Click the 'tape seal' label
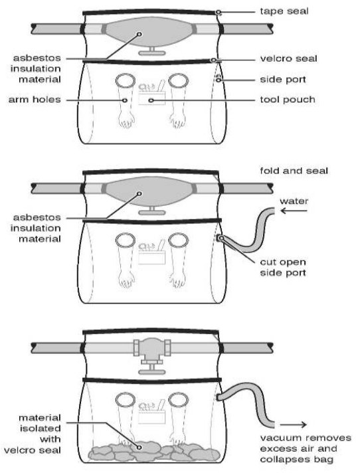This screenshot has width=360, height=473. tap(284, 11)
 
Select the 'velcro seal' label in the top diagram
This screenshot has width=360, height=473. tap(288, 58)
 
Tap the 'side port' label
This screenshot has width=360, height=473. tap(283, 79)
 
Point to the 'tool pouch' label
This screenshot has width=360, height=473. tap(288, 100)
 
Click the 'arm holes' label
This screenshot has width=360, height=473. tap(35, 100)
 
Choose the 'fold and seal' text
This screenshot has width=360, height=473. tap(294, 171)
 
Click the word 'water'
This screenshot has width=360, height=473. tap(294, 201)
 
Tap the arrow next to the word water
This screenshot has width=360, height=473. tap(294, 211)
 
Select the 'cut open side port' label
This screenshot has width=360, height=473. tap(283, 267)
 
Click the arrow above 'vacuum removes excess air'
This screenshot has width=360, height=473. tap(293, 425)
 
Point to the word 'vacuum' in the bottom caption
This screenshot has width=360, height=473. tap(281, 438)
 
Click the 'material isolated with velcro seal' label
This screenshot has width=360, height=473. tap(33, 434)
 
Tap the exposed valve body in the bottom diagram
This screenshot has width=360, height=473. tap(152, 348)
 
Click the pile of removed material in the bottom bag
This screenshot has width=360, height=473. tap(154, 452)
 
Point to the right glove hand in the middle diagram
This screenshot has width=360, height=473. tap(177, 280)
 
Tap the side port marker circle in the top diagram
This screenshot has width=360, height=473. tap(219, 80)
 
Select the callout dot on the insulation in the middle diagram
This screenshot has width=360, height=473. tap(139, 194)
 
